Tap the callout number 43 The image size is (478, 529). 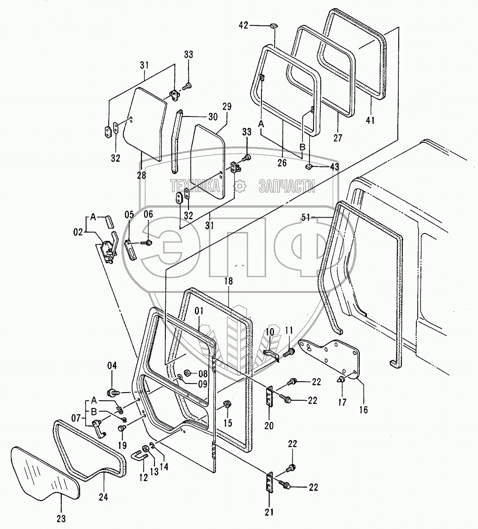tap(334, 167)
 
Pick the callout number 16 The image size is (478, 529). tap(363, 410)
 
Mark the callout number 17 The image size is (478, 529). tap(342, 402)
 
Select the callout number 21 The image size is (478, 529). tap(270, 513)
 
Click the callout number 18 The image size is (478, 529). tap(228, 281)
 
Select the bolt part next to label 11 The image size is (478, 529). tap(288, 351)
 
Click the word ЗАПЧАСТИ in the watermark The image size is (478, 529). tap(287, 186)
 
